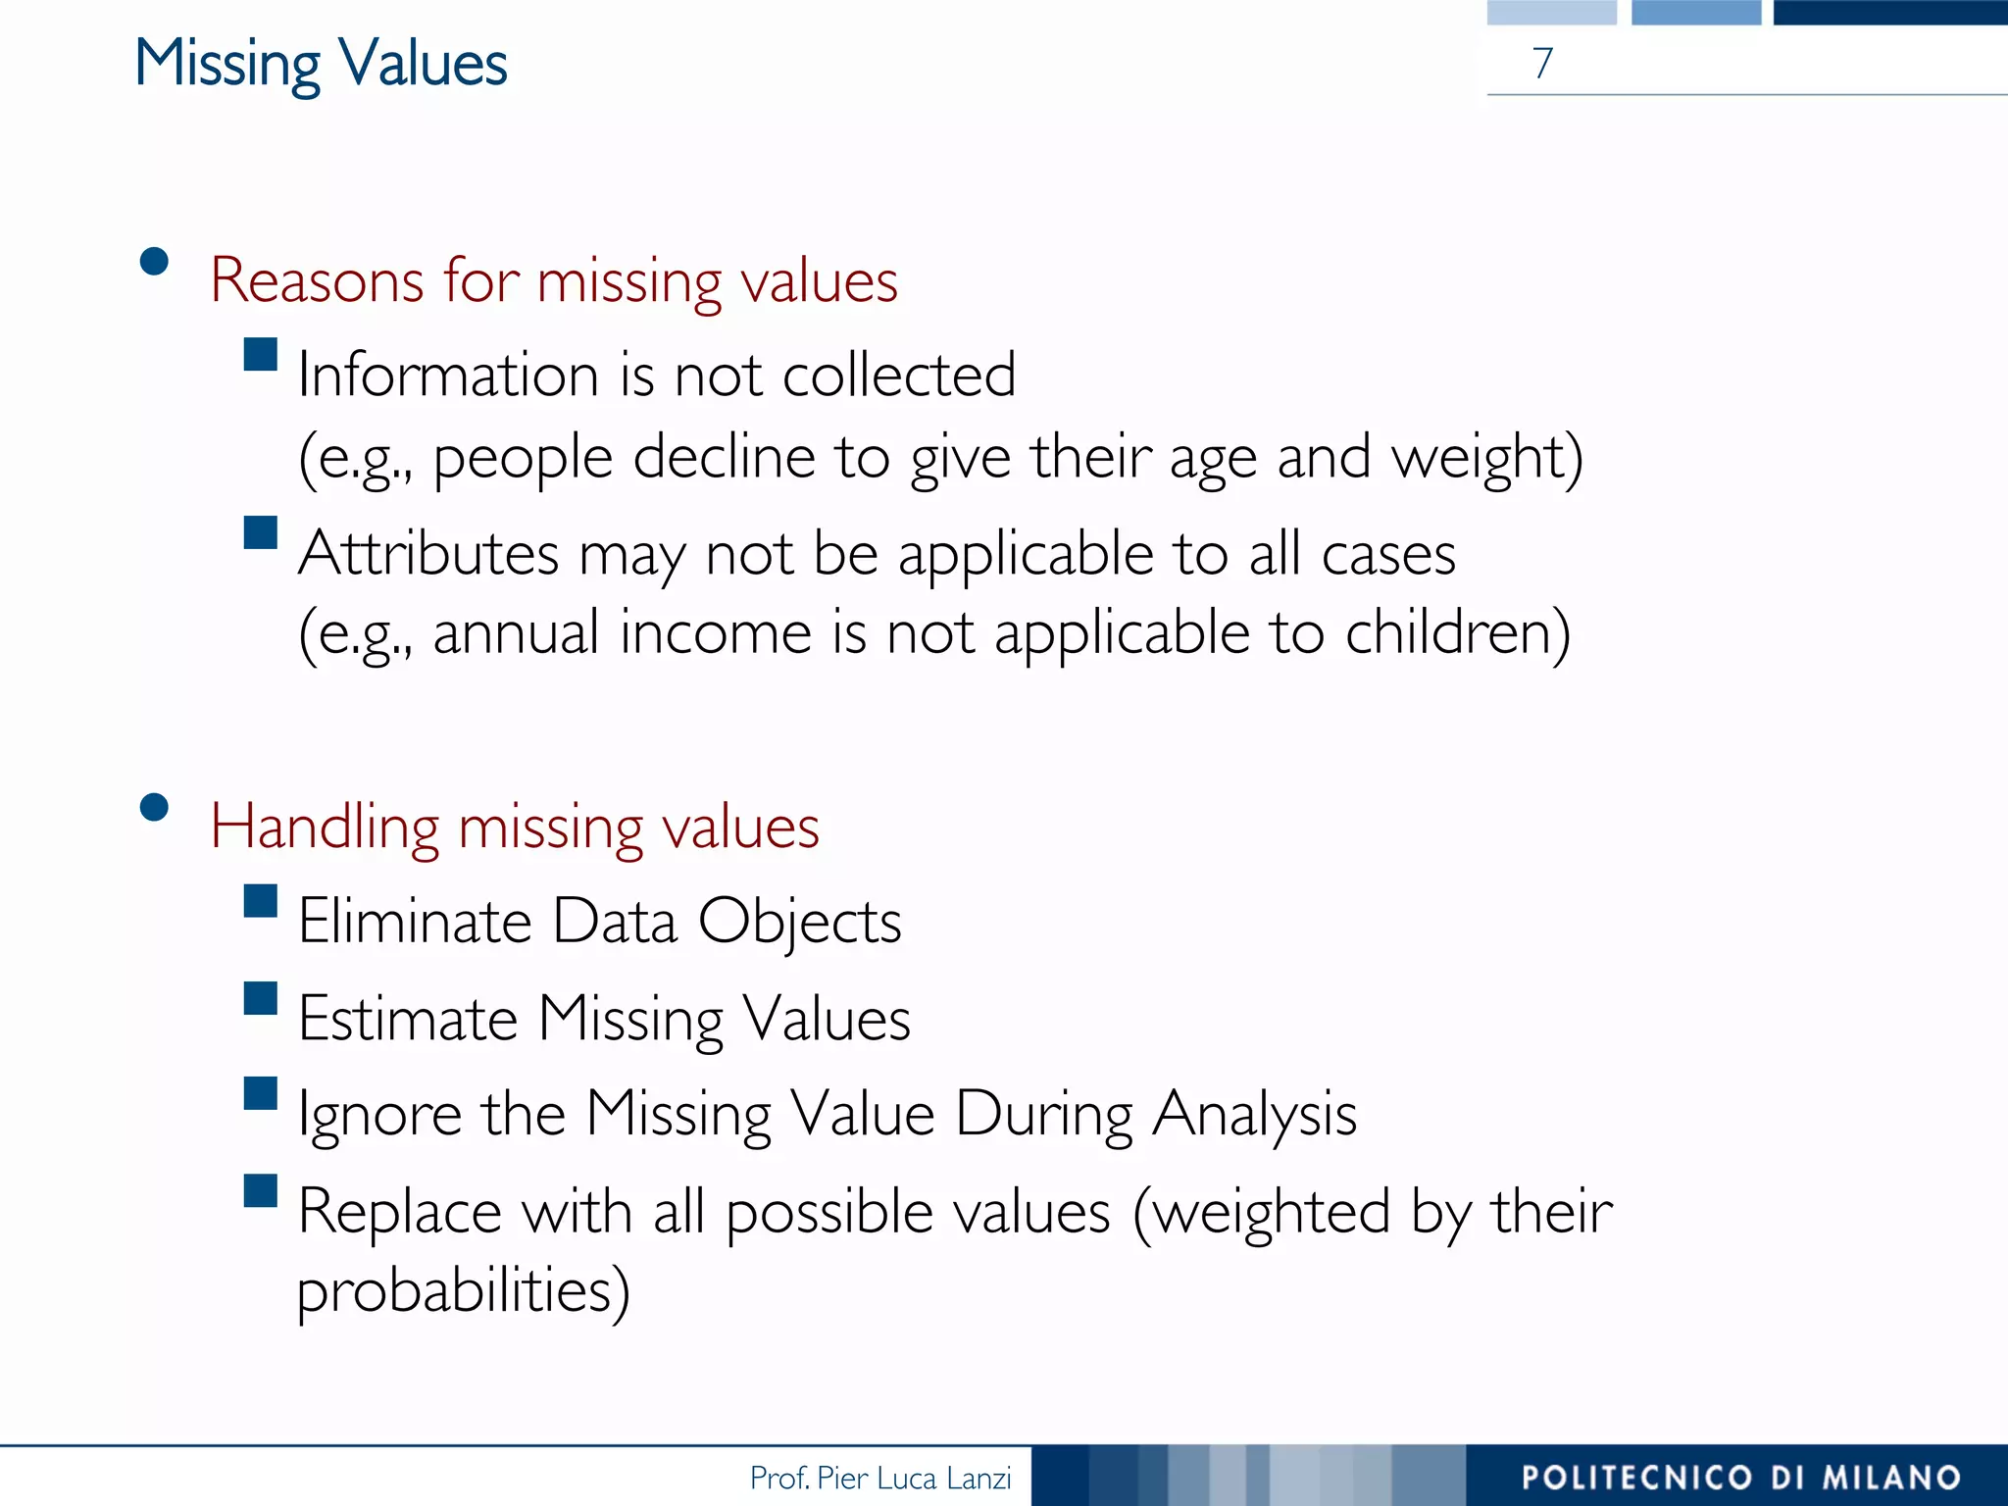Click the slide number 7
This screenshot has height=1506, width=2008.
(x=1542, y=63)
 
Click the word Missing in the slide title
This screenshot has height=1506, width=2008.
(x=227, y=65)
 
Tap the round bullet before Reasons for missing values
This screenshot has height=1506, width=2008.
(x=154, y=262)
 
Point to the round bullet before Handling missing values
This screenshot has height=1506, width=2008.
(x=154, y=807)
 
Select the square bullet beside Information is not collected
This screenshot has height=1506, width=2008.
(x=261, y=354)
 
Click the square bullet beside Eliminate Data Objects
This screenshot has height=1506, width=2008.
(x=261, y=900)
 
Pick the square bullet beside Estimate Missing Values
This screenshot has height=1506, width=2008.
(x=261, y=997)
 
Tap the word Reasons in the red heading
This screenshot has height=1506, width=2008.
(x=317, y=280)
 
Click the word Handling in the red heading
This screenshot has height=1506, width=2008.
(x=325, y=827)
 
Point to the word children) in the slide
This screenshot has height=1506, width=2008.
(x=1458, y=633)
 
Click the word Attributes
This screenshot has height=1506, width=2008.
(x=428, y=554)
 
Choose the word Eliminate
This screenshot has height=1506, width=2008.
(x=415, y=922)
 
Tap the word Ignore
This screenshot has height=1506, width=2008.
(x=379, y=1116)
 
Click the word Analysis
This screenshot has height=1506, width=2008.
(x=1254, y=1116)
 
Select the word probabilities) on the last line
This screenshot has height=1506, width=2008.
(x=463, y=1291)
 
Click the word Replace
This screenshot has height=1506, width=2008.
(x=399, y=1212)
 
